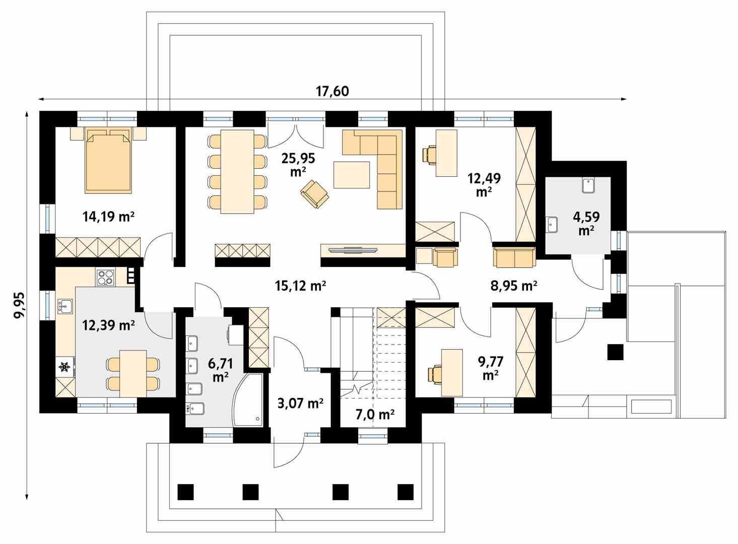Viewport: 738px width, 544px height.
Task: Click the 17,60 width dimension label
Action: point(332,91)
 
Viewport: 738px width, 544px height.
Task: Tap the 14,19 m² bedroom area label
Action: point(108,217)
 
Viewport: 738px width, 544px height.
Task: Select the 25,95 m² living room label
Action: point(298,164)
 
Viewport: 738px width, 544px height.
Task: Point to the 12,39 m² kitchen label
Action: point(108,325)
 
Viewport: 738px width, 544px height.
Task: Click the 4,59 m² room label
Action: point(586,224)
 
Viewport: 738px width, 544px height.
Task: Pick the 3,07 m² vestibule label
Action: point(300,403)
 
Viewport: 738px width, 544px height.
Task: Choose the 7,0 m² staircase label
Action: point(375,415)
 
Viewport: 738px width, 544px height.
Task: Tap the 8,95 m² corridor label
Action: point(513,286)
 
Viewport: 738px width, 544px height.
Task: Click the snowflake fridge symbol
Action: point(64,368)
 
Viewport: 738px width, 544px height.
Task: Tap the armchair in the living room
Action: point(314,193)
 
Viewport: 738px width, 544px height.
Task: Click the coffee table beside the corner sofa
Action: point(351,174)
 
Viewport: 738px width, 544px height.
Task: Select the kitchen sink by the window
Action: point(65,306)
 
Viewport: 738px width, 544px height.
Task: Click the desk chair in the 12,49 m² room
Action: point(430,154)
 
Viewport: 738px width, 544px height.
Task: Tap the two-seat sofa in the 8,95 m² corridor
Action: point(514,257)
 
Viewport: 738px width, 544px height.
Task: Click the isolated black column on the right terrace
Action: point(615,352)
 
